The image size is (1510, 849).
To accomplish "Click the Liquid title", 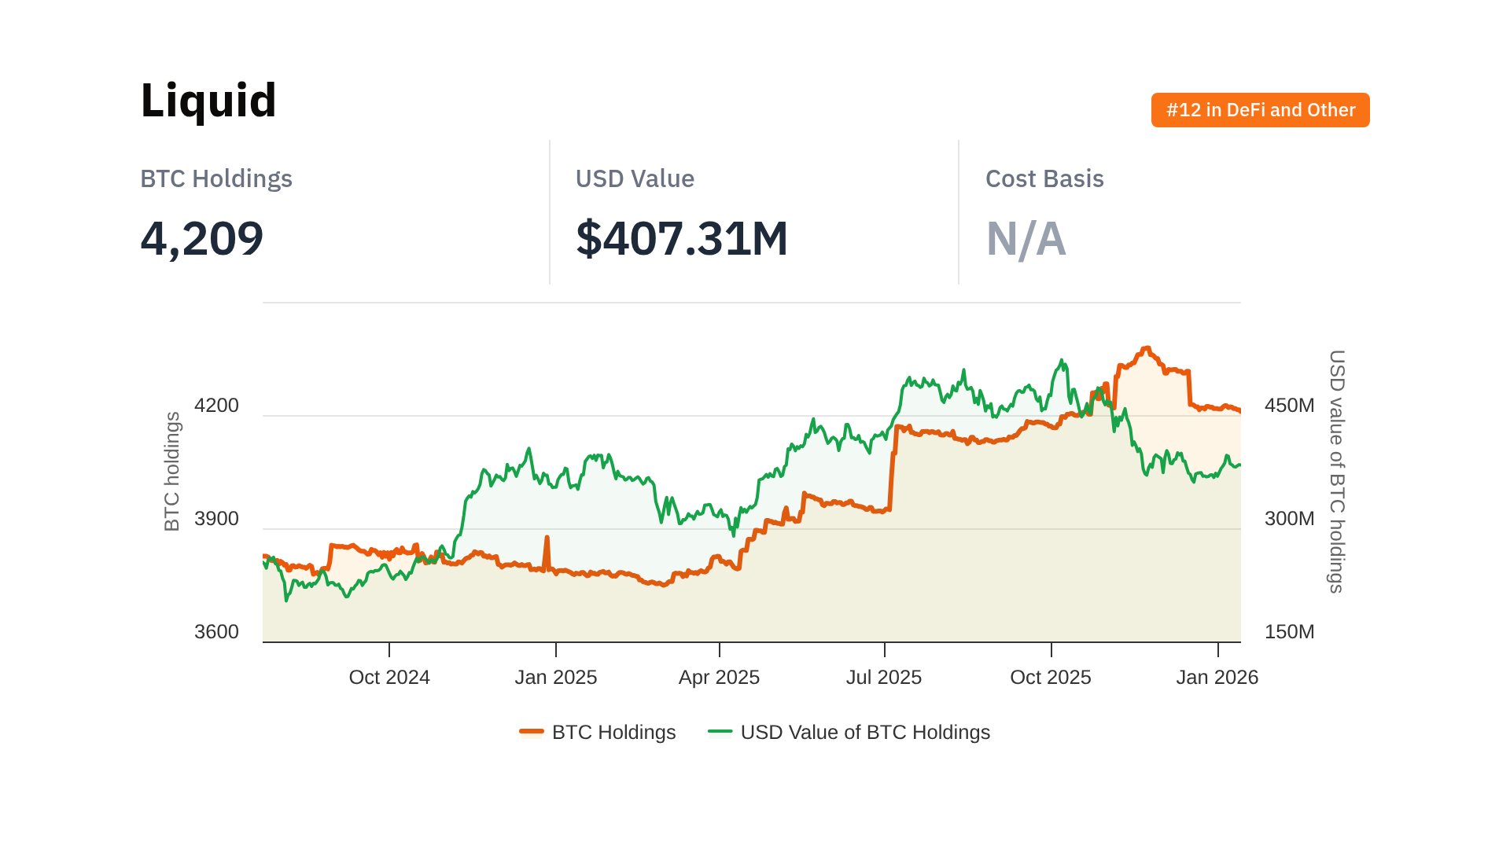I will pos(208,101).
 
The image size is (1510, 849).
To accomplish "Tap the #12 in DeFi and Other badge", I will pos(1260,110).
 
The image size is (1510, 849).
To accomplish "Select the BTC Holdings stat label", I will pos(216,179).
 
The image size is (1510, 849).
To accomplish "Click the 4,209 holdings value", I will pos(202,238).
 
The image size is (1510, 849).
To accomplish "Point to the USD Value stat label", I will pos(635,179).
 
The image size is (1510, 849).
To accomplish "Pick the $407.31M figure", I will pos(682,238).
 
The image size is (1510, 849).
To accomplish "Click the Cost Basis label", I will pos(1044,179).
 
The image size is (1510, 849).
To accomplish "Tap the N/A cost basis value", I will pos(1026,239).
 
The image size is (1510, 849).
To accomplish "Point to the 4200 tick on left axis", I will pos(216,406).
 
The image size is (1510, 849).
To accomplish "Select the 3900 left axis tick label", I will pos(216,519).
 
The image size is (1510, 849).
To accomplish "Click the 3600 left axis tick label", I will pos(216,632).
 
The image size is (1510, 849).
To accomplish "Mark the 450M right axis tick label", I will pos(1289,406).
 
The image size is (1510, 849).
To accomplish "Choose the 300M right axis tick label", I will pos(1289,519).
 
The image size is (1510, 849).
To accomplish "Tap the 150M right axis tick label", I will pos(1289,632).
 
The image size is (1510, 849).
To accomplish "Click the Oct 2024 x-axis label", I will pos(389,678).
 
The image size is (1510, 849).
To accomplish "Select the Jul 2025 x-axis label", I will pos(884,678).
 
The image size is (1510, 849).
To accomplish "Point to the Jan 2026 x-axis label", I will pos(1217,678).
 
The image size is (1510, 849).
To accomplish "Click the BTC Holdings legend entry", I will pos(598,733).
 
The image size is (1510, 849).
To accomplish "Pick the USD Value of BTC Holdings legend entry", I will pos(849,733).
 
